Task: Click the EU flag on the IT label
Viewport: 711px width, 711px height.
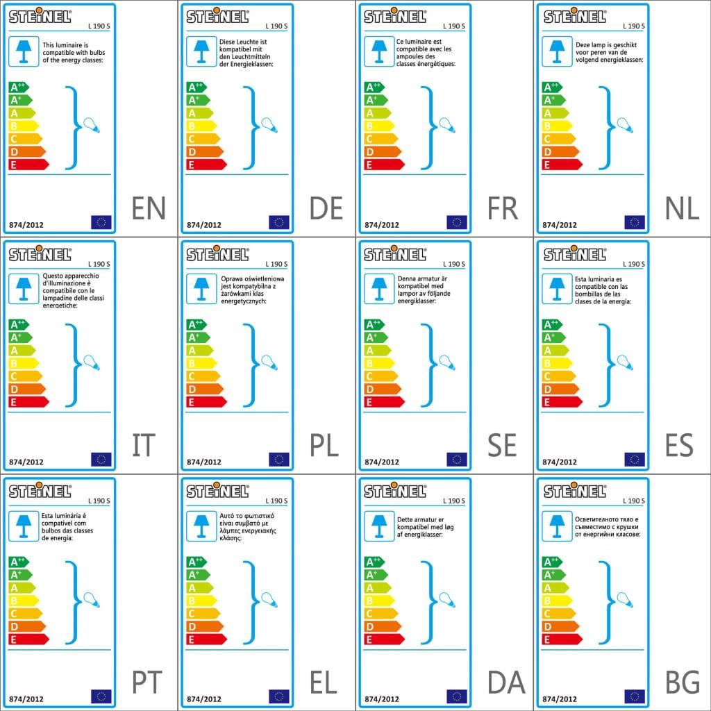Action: click(101, 459)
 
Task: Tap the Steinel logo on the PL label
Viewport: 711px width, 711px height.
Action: click(217, 253)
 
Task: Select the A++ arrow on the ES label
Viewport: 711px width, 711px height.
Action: click(552, 324)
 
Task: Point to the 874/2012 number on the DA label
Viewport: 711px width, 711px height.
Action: click(382, 699)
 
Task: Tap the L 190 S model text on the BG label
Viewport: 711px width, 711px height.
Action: click(634, 501)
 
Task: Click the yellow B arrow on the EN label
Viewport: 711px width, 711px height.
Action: click(23, 126)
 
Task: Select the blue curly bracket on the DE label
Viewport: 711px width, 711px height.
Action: click(251, 127)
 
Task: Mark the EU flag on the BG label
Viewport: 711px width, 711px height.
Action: click(635, 696)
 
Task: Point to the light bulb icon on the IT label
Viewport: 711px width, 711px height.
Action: click(92, 362)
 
